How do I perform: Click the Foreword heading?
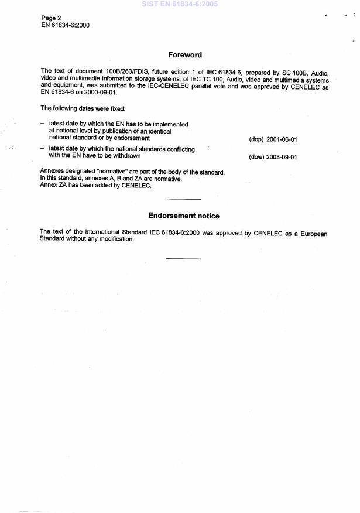pos(185,55)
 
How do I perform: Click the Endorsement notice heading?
pos(184,216)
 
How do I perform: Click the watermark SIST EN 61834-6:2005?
pos(180,4)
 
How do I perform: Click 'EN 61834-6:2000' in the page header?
pos(66,25)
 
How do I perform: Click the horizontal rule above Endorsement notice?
pos(184,200)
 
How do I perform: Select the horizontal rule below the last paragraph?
pos(184,258)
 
